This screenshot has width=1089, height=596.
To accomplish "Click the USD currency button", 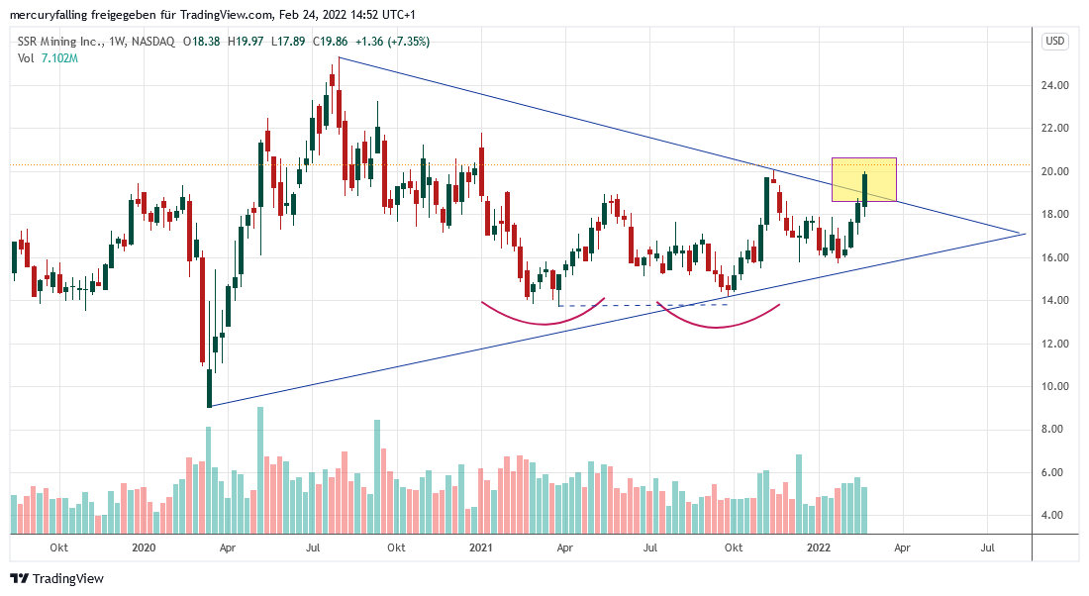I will point(1054,41).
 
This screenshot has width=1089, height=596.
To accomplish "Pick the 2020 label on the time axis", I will point(144,546).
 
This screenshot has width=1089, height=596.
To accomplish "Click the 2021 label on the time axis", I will point(481,546).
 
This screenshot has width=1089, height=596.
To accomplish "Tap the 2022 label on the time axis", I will point(819,546).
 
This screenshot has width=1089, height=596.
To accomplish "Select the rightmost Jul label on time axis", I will point(988,546).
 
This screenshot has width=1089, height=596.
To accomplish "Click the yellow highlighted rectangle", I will point(864,179).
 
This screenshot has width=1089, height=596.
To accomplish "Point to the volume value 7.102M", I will point(59,58).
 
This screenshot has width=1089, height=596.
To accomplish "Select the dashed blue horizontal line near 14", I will point(643,305).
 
